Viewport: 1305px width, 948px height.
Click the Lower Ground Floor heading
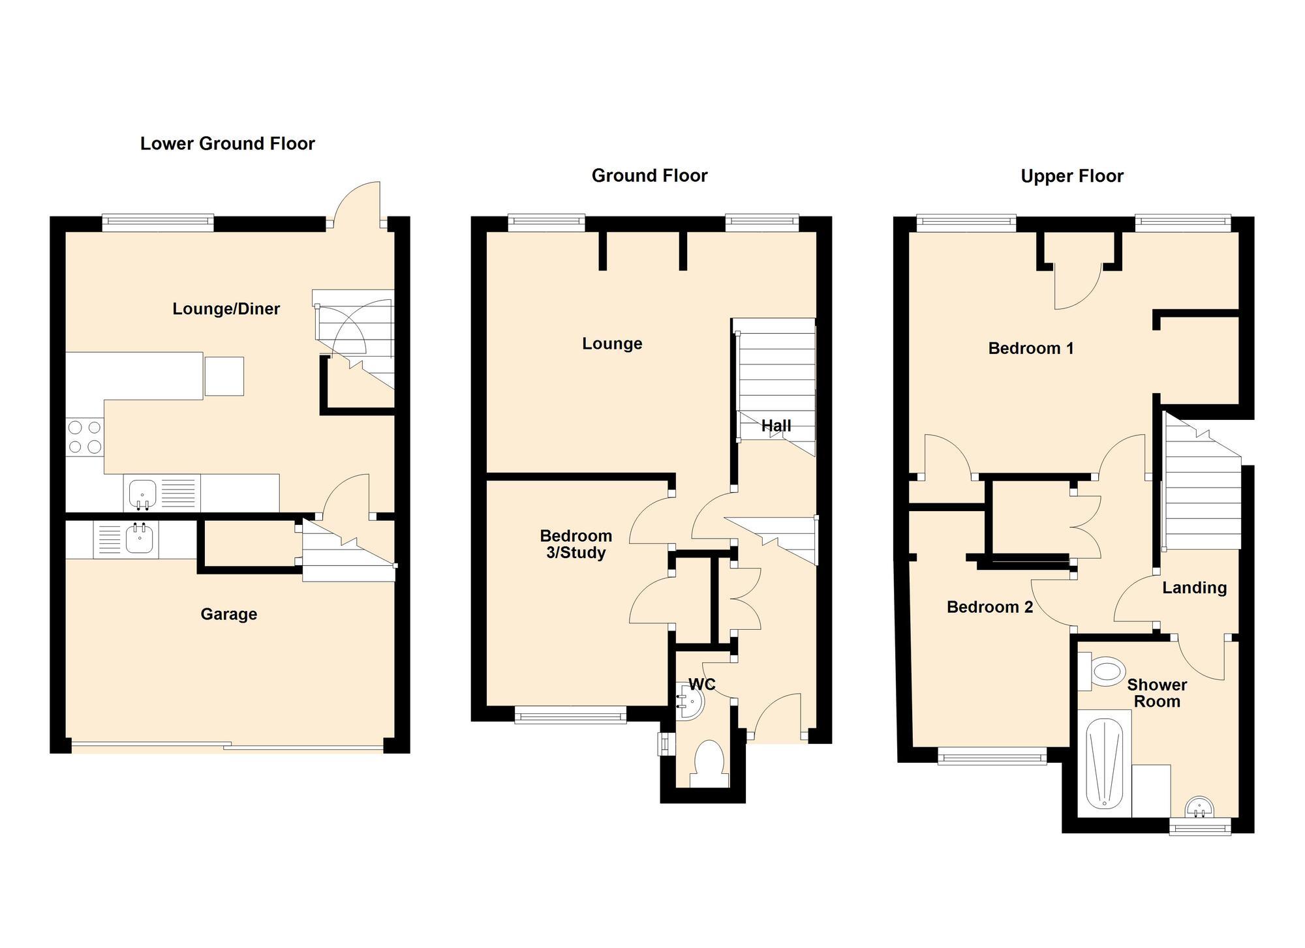(x=227, y=143)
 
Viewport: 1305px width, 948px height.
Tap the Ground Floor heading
(x=649, y=175)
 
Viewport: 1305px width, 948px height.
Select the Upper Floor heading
(x=1072, y=176)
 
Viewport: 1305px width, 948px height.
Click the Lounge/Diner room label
(x=226, y=309)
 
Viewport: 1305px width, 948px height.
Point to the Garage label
(x=228, y=614)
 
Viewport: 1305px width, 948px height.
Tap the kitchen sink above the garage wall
(x=142, y=494)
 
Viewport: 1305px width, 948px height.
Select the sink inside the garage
(x=138, y=539)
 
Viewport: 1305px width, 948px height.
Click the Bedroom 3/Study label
(x=576, y=544)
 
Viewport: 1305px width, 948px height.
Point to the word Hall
(x=776, y=426)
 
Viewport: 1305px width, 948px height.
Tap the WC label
(x=702, y=684)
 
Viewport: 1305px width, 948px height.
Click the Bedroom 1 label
(x=1030, y=349)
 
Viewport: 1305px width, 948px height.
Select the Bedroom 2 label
(x=989, y=608)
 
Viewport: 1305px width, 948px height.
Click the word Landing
(x=1194, y=588)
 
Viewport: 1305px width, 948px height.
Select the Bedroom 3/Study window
(x=570, y=717)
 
